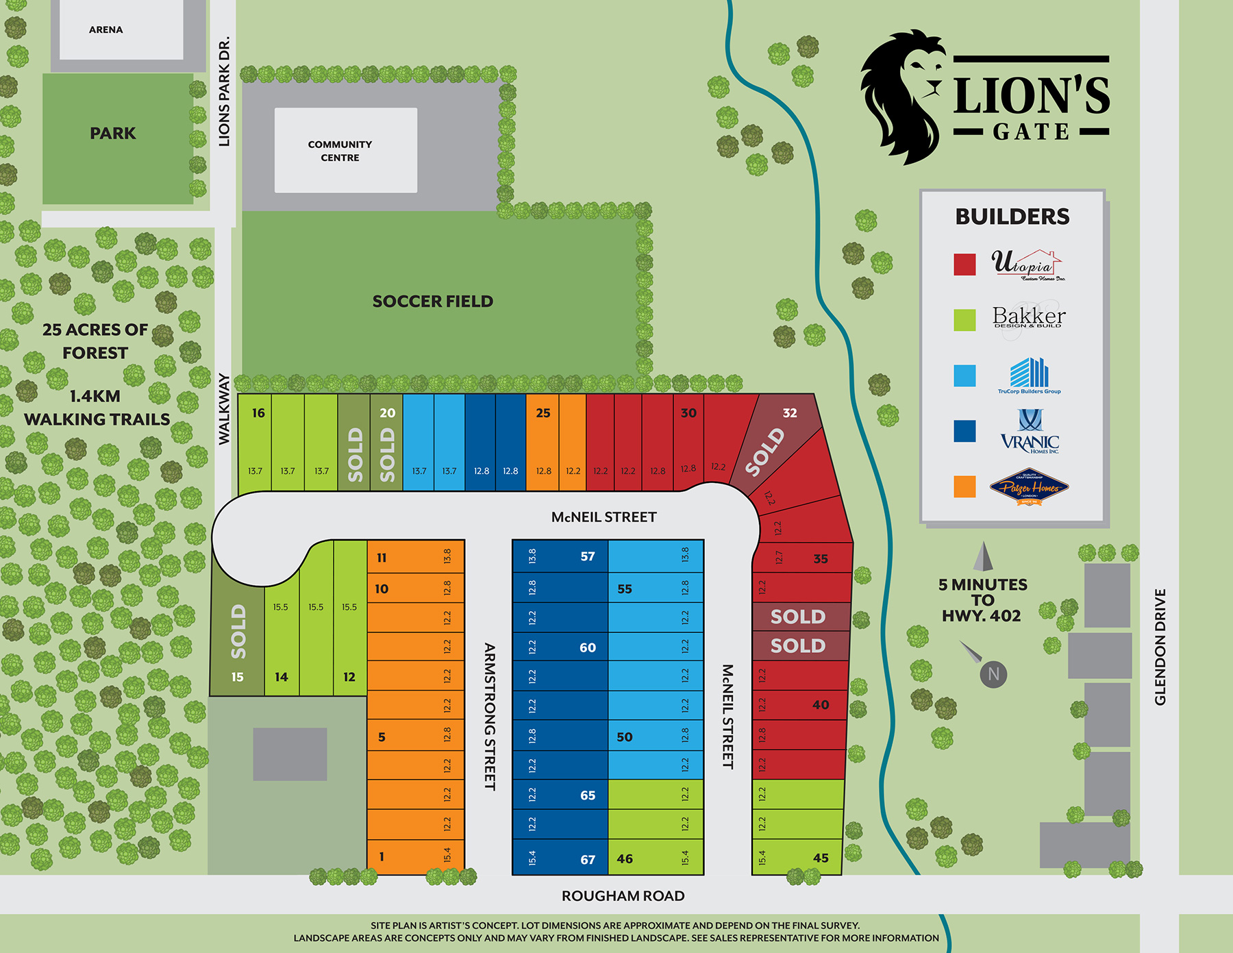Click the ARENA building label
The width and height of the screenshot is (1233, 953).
point(105,29)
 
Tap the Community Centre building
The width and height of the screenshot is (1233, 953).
point(345,150)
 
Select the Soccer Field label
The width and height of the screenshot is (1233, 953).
point(432,301)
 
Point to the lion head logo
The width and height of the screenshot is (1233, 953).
point(902,96)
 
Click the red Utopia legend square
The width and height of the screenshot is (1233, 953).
point(964,264)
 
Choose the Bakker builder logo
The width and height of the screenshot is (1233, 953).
point(1029,317)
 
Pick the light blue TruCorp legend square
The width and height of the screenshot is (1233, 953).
point(964,375)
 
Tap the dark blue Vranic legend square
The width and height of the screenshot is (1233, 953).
point(964,431)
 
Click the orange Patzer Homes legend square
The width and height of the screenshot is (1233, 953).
point(964,486)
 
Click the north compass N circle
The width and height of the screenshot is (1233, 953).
point(993,674)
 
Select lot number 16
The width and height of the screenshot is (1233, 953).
point(258,413)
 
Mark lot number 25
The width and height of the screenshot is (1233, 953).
point(543,413)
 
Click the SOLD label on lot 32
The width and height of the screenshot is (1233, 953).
point(764,451)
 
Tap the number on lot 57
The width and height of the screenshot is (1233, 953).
point(588,556)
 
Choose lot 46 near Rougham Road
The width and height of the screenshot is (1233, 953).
point(625,858)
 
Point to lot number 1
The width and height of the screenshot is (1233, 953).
point(382,856)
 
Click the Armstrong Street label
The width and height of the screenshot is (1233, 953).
point(490,716)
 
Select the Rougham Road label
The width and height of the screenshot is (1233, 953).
point(623,895)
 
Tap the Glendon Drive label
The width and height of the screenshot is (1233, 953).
point(1160,647)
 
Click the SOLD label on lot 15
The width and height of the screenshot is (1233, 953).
point(238,631)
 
